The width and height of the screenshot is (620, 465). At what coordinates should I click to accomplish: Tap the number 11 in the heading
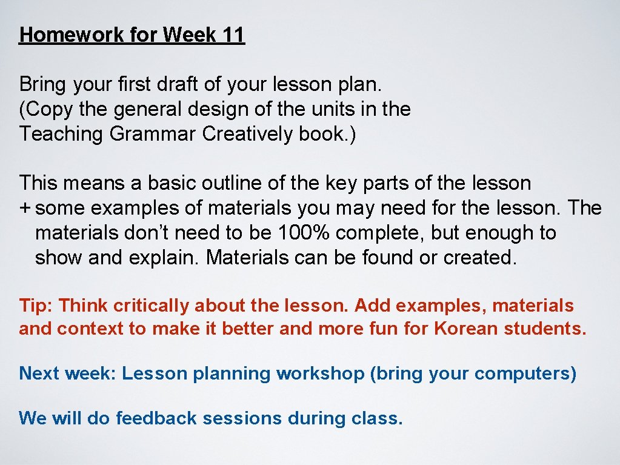click(x=233, y=35)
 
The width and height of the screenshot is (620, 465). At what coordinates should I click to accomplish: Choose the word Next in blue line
click(x=39, y=373)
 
